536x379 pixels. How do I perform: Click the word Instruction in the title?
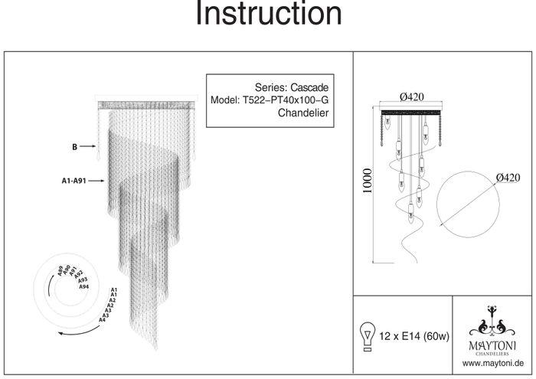[x=268, y=14]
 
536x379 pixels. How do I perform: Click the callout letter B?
[x=74, y=145]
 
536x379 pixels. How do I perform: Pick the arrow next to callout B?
[x=90, y=145]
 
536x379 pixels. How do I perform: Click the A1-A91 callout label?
[x=74, y=182]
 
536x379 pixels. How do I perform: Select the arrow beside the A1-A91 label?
[x=96, y=182]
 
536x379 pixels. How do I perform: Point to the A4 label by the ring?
[x=103, y=319]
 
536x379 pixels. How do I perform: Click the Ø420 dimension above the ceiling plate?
[x=412, y=96]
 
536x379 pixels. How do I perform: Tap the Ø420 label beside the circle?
[x=509, y=178]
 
